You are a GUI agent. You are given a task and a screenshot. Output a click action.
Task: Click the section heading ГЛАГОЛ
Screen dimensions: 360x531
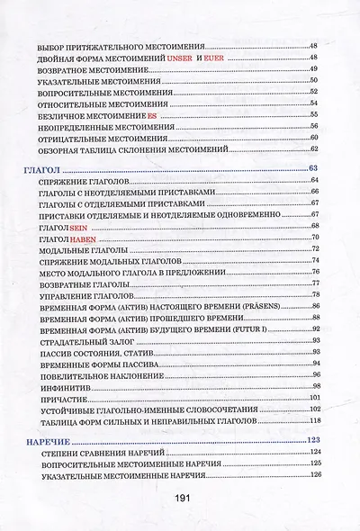tap(40, 168)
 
